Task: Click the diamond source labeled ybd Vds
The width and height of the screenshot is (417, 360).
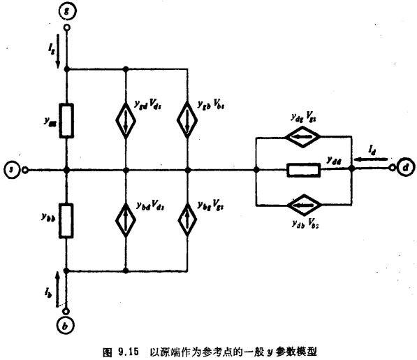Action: pos(126,219)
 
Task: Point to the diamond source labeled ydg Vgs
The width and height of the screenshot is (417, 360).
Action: pos(304,138)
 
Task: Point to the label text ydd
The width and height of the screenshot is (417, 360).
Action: pos(333,160)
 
